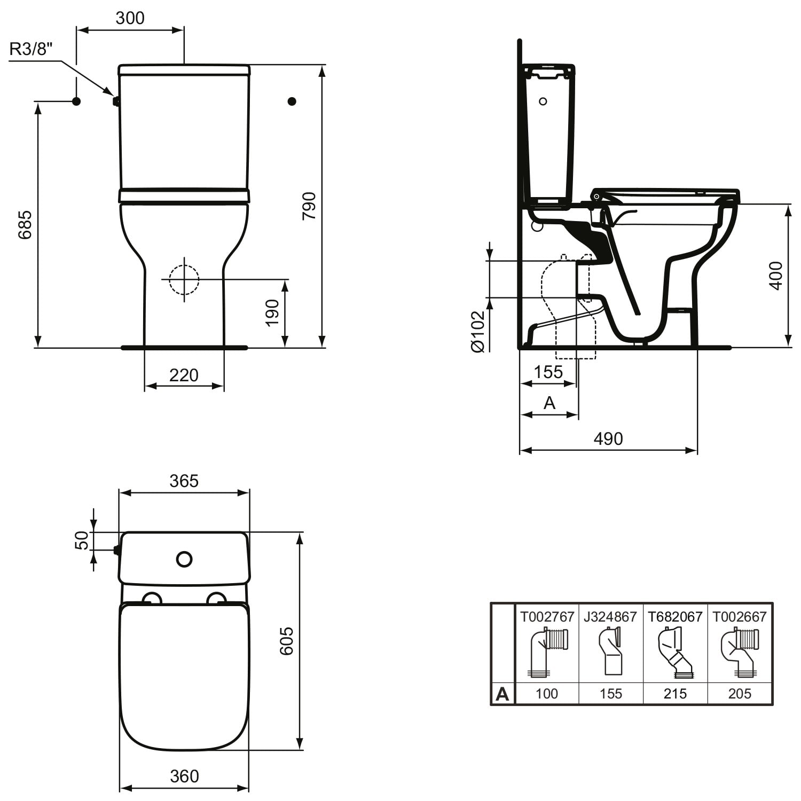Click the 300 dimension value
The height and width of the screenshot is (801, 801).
tap(130, 18)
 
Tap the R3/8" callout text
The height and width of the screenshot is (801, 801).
tap(32, 49)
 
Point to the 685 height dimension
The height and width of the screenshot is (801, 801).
tap(25, 225)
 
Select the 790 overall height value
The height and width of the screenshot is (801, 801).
tap(309, 206)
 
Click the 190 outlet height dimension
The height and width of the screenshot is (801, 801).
tap(272, 313)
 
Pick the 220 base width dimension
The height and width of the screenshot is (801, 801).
tap(184, 375)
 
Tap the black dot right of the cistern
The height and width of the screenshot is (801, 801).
tap(292, 101)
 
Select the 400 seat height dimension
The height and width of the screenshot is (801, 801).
tap(776, 276)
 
